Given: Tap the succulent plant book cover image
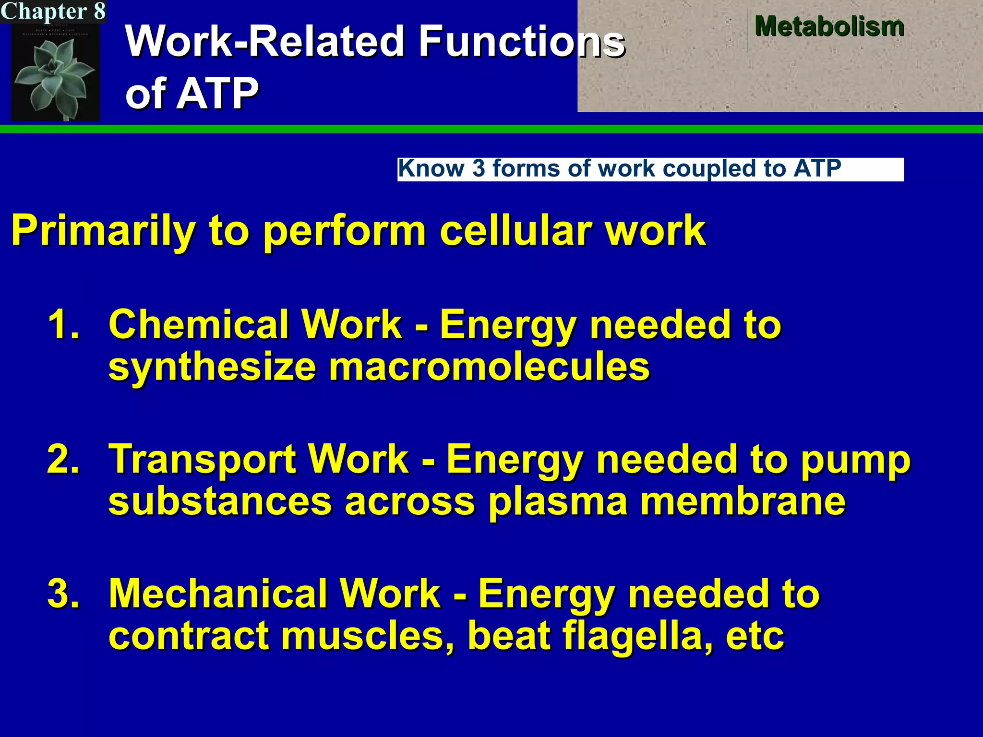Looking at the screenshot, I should (56, 72).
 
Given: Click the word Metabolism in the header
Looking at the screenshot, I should (829, 26).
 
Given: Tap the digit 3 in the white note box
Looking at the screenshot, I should (479, 169).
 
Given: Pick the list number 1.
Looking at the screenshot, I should (63, 325).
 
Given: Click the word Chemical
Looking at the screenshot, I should (204, 325).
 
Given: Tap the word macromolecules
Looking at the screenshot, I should (489, 367).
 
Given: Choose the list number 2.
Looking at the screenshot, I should (63, 459).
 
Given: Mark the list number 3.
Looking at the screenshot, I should (63, 594).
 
